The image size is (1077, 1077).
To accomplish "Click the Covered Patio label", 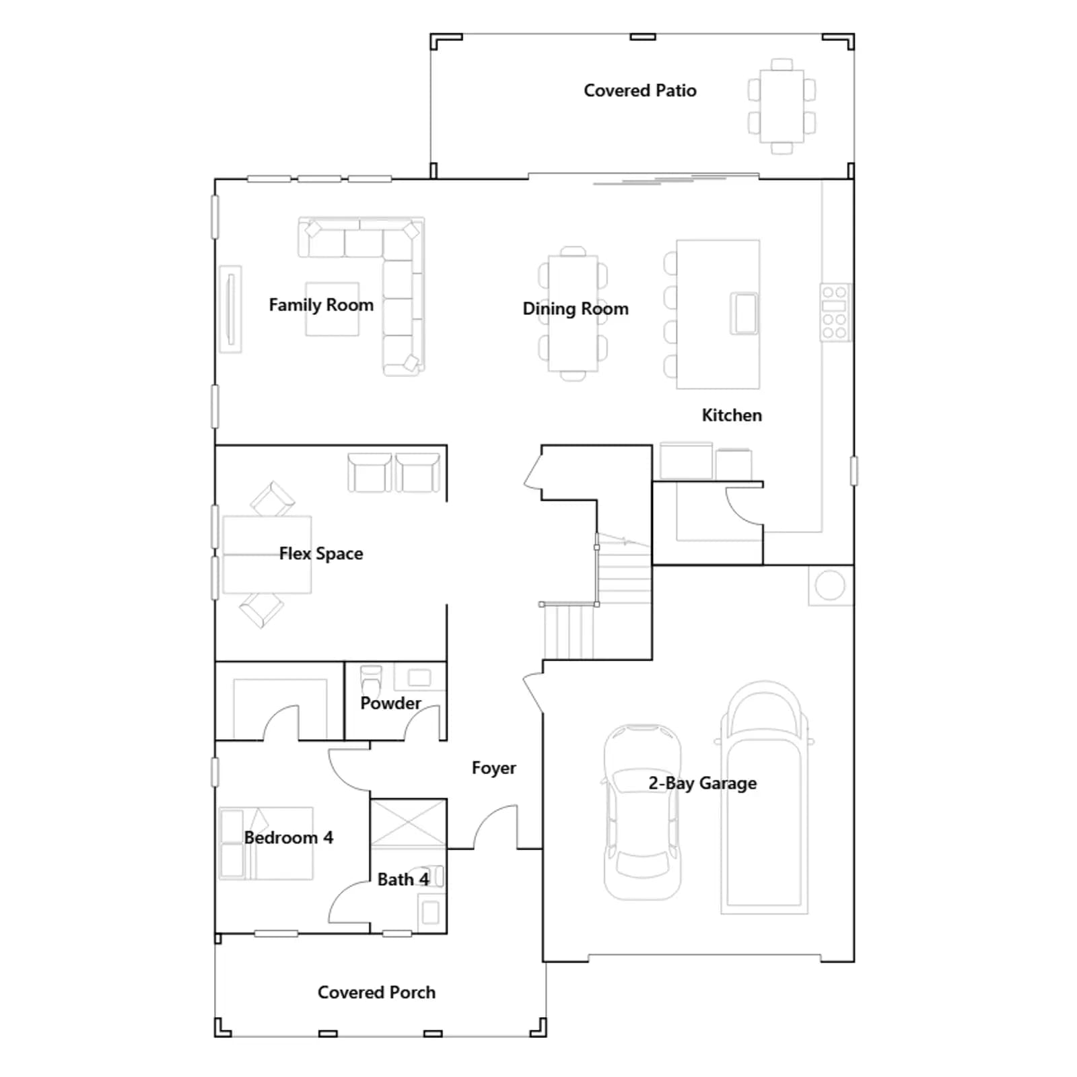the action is tap(639, 90).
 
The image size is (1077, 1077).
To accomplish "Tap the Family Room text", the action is tap(321, 305).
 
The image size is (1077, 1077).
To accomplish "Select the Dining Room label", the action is tap(576, 308).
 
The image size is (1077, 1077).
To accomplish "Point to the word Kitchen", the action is tap(732, 415).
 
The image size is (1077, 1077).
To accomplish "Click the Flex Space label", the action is tap(321, 553).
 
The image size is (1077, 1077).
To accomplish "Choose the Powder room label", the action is tap(390, 703).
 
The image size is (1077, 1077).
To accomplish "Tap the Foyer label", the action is tap(493, 768).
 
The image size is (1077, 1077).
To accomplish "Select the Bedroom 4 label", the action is tap(288, 837).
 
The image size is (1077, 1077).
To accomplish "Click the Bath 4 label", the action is tap(403, 879).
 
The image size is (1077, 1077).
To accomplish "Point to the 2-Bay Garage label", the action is tap(702, 783).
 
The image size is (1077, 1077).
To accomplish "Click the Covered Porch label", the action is tap(376, 992).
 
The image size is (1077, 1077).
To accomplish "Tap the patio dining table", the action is tap(781, 106).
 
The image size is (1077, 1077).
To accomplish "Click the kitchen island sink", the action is tap(744, 313).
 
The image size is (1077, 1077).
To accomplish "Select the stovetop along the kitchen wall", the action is tap(835, 312).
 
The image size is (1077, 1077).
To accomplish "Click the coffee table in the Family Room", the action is tap(332, 309).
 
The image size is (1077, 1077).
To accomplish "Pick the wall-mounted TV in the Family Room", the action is tap(231, 309).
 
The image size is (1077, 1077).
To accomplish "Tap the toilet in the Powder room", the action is tap(371, 679).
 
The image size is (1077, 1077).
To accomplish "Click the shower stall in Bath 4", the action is tap(408, 823).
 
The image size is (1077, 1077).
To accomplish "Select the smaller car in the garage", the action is tap(641, 812).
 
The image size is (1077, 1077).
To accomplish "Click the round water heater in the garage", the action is tap(830, 586).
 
